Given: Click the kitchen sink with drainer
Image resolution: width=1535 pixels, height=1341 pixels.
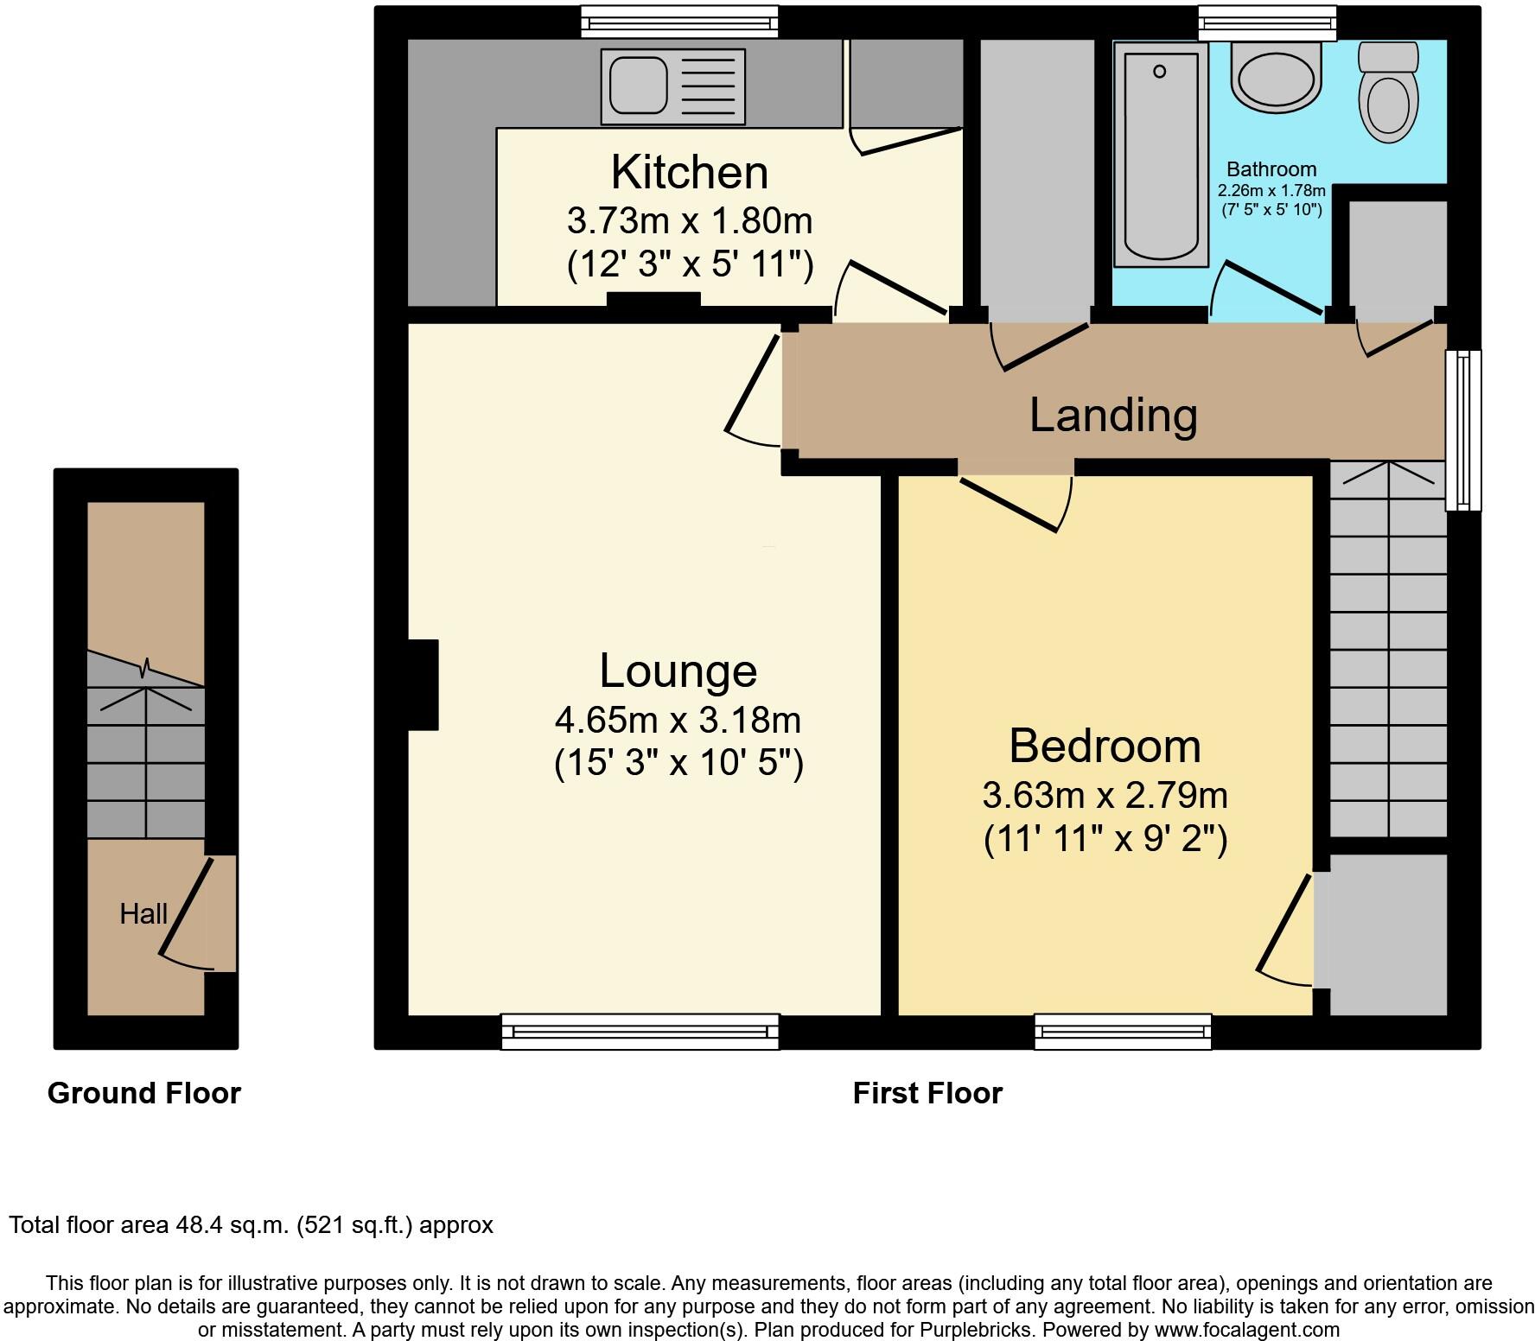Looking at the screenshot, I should coord(677,83).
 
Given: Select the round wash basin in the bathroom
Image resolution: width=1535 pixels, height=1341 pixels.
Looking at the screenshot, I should coord(1277,78).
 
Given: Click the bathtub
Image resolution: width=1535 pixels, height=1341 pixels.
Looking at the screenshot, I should coord(1161,153).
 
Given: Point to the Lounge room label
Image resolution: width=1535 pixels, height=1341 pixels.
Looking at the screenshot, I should coord(678,671).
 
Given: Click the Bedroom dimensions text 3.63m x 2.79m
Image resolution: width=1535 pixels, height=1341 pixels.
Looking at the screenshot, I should coord(1105,795).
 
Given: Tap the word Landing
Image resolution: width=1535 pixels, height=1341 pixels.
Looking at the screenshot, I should coord(1113,416).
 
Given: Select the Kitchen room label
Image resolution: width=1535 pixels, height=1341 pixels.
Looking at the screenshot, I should coord(689,172).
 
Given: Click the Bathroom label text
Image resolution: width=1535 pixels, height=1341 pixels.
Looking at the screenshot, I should coord(1271,169).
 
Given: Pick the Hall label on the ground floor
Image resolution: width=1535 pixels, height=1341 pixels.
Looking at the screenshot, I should coord(143,913).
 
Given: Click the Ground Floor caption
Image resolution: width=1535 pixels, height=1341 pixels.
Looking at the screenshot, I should coord(143,1093).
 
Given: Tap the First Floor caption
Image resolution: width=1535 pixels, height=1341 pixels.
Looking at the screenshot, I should coord(927,1093).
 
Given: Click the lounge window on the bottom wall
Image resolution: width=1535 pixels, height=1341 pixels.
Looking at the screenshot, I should coord(640,1032).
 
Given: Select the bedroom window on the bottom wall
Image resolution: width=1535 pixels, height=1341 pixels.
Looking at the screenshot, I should coord(1123,1032).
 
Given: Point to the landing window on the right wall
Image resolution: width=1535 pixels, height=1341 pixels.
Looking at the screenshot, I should coord(1463,429).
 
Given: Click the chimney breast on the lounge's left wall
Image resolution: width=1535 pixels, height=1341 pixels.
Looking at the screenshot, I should coord(423,685).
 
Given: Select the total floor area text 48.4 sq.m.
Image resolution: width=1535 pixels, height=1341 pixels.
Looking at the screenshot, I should coord(251,1225).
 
